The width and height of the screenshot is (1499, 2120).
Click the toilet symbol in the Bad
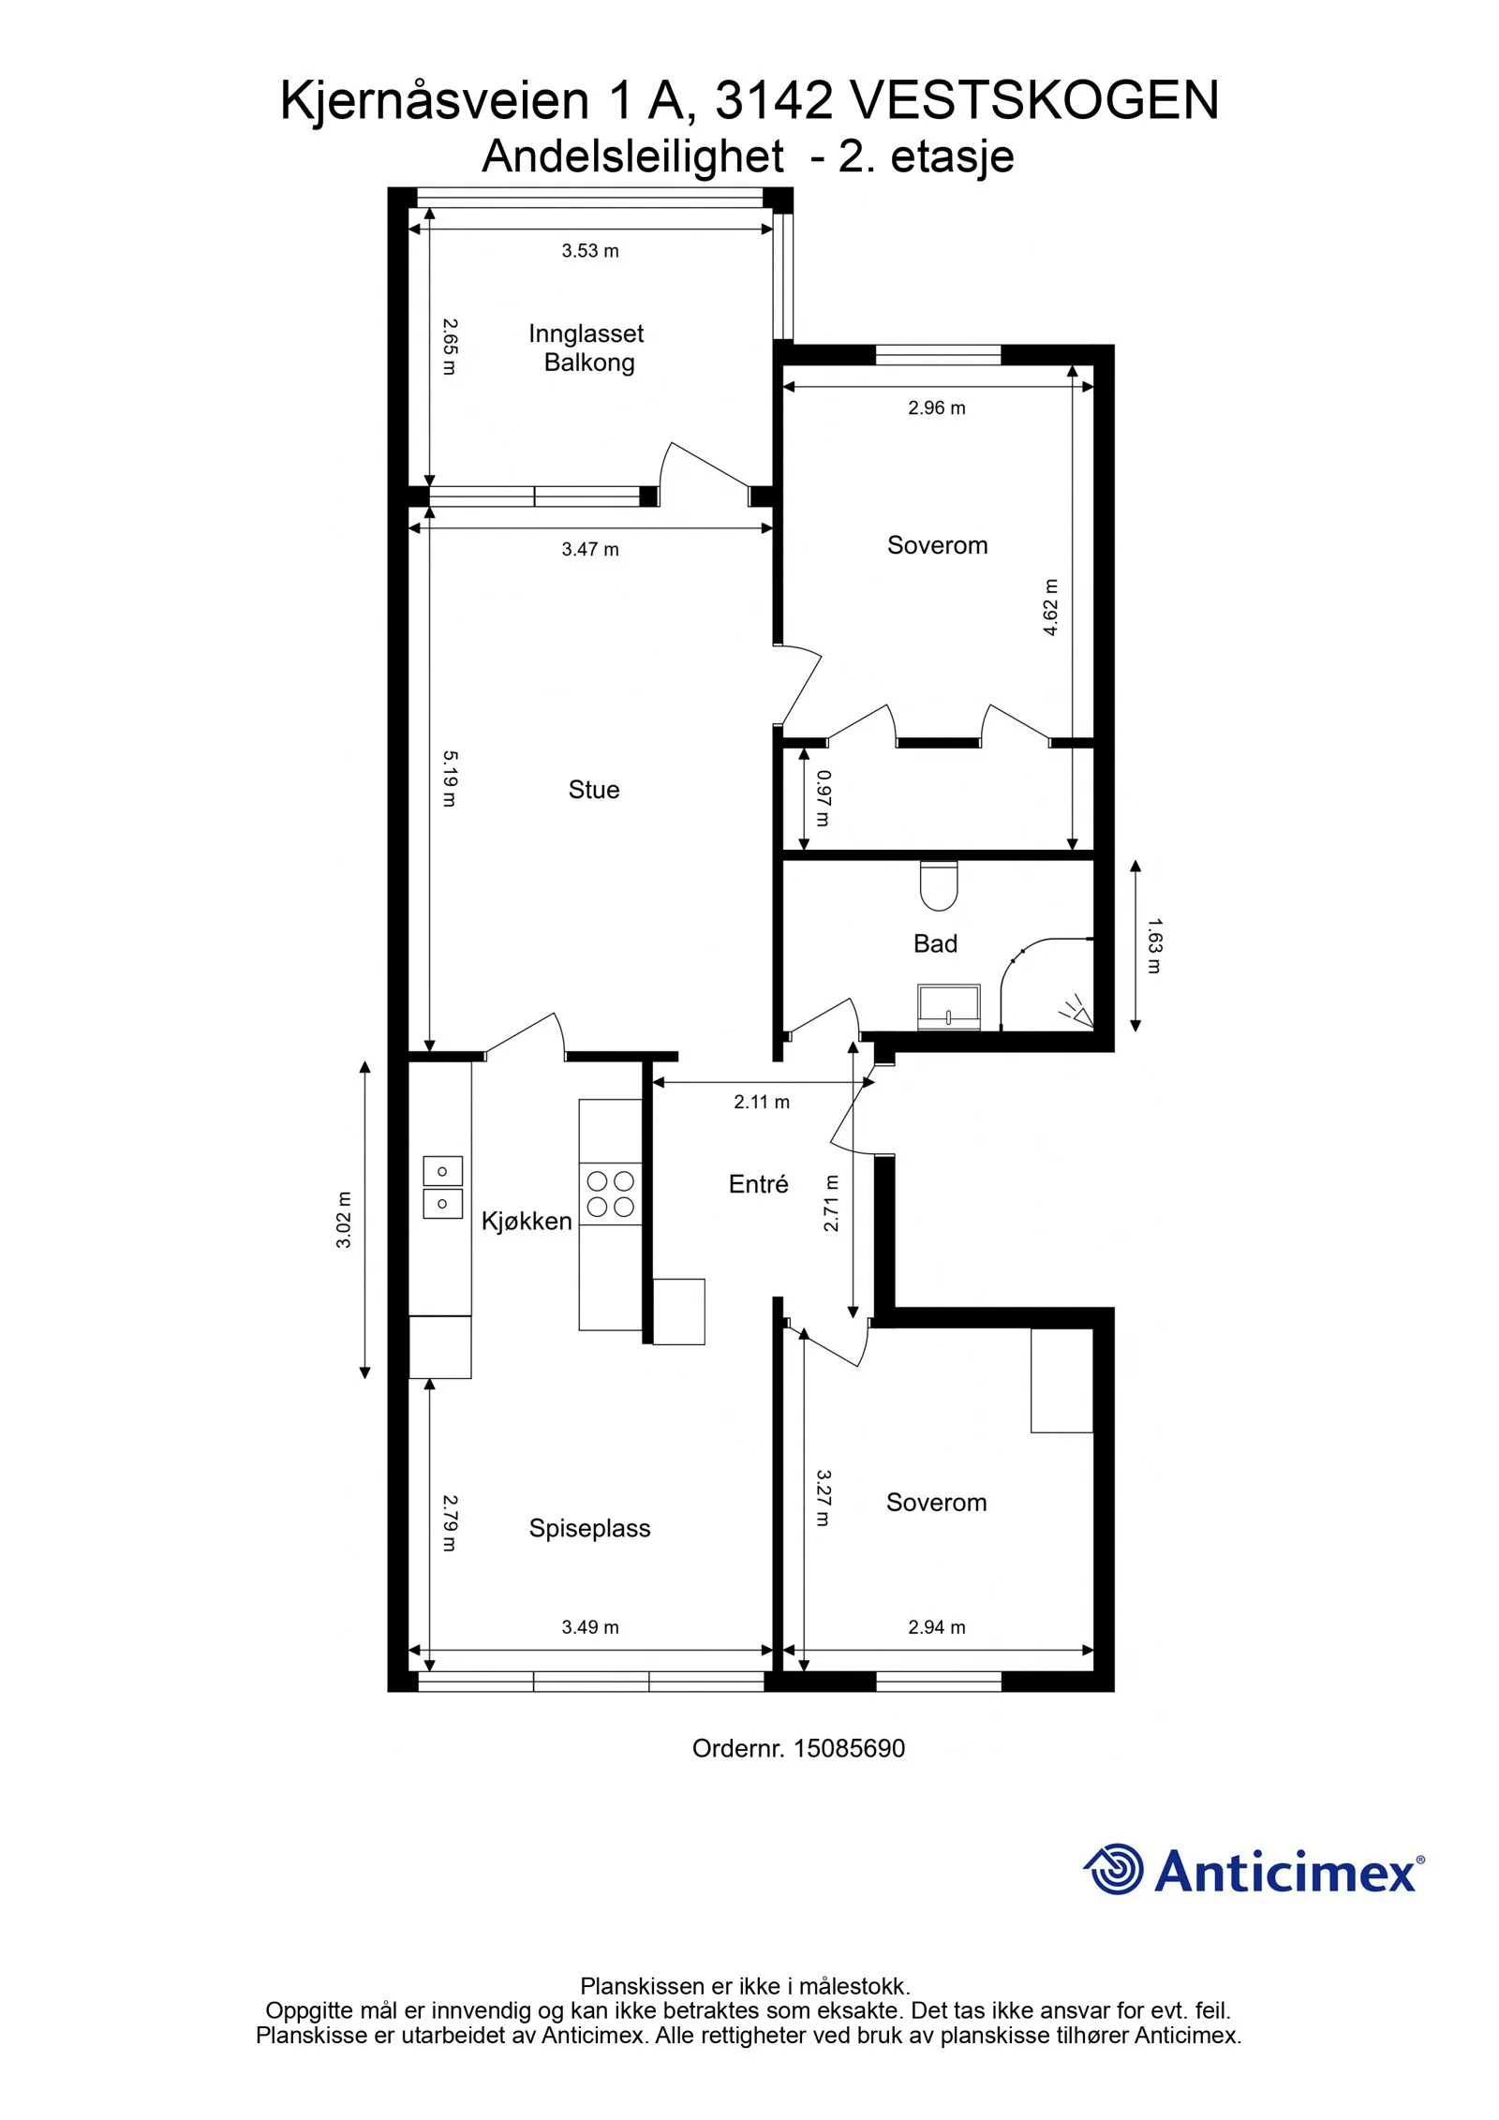point(939,885)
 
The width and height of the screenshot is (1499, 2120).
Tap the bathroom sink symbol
point(949,1006)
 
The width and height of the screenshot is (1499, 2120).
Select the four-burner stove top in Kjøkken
point(610,1193)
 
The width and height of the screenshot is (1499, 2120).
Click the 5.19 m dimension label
point(450,778)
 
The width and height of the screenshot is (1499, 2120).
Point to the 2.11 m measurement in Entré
point(762,1103)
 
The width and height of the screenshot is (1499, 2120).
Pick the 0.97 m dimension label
point(823,798)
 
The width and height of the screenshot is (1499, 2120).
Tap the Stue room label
point(594,790)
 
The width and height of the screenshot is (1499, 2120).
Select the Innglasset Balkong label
point(587,348)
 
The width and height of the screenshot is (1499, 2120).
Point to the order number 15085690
point(849,1748)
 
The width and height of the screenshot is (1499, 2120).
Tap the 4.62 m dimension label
point(1051,607)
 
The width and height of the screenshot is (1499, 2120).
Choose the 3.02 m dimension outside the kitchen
point(344,1220)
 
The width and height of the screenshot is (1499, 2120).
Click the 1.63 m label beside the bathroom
point(1154,945)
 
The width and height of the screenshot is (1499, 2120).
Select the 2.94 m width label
point(937,1627)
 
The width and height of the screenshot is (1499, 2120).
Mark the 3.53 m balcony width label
point(590,250)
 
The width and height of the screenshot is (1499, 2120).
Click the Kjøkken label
point(527,1221)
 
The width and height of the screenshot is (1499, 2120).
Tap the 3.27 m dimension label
point(823,1497)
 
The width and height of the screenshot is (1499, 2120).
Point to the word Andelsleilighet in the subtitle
point(633,156)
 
